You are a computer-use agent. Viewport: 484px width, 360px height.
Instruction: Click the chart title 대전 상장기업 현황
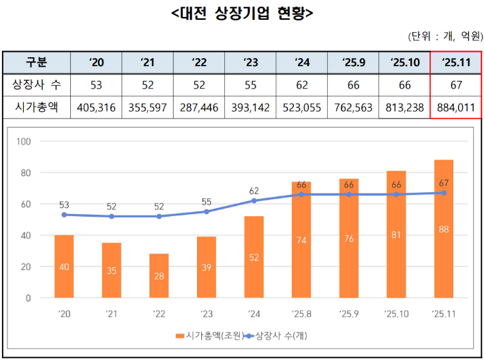242,13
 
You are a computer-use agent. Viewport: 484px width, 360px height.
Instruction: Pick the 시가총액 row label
37,107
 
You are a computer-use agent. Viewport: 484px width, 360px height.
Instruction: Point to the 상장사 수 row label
37,85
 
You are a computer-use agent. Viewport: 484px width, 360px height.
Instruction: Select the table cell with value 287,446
199,107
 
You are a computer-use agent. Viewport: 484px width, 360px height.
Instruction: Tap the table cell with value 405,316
96,107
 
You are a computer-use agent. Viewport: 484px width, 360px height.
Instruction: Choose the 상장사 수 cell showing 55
250,85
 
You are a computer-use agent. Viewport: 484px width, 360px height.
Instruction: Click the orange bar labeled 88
443,229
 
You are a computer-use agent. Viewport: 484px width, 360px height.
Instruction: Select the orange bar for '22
159,276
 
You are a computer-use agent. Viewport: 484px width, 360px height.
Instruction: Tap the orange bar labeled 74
301,240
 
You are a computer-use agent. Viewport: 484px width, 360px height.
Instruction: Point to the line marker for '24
254,200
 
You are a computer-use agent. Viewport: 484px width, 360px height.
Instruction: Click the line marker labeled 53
64,215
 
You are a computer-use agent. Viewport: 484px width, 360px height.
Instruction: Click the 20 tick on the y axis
27,267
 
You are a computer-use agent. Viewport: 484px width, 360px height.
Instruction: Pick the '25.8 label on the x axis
301,315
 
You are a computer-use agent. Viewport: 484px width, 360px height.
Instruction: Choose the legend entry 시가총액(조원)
205,336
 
